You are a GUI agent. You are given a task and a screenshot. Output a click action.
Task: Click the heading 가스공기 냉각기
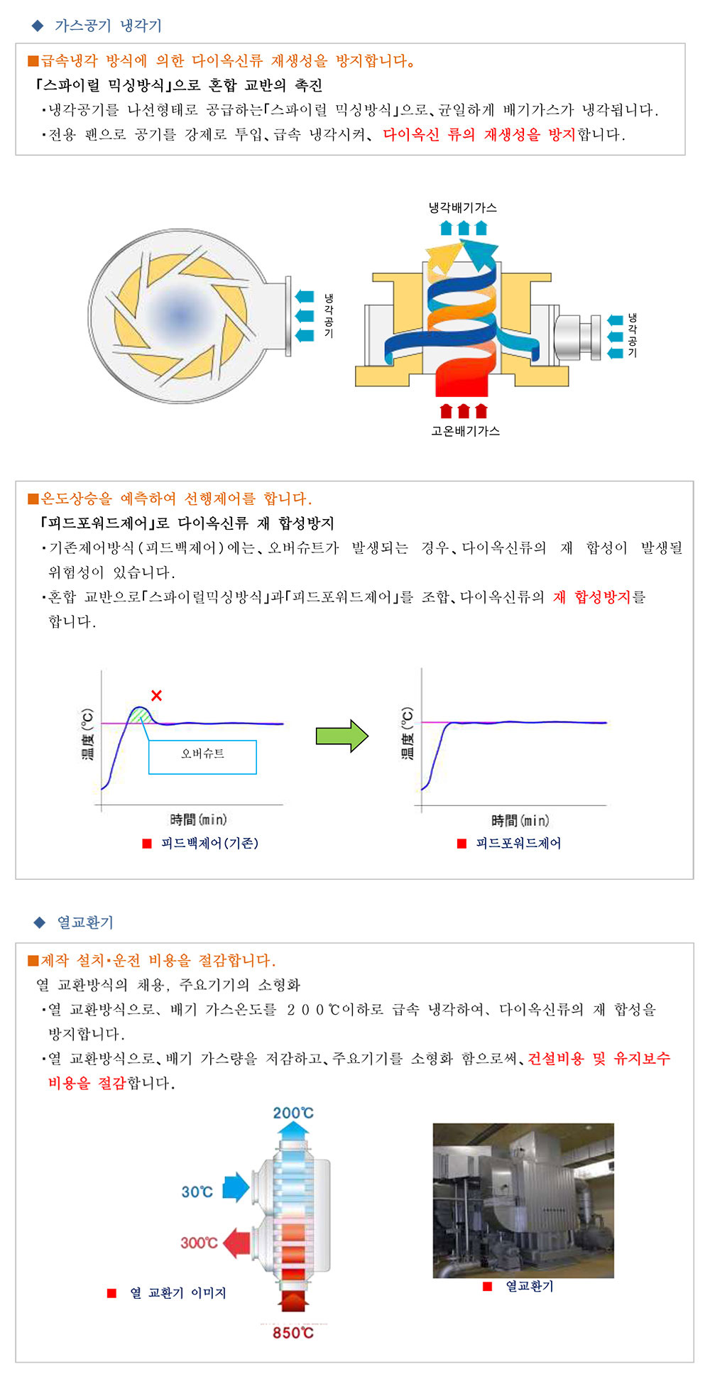108,26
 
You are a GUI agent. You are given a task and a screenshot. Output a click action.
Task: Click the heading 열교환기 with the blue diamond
85,922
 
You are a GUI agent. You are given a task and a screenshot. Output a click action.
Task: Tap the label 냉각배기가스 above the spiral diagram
463,207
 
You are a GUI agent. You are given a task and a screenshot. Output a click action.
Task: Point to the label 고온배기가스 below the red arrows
465,431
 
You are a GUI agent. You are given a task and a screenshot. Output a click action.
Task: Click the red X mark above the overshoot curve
156,695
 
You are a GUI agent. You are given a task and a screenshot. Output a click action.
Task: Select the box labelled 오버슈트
202,757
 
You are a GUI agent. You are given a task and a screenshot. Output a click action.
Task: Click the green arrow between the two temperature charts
342,736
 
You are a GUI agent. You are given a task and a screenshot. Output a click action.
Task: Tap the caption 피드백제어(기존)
209,843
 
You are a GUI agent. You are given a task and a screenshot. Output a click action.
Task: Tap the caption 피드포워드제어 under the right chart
518,843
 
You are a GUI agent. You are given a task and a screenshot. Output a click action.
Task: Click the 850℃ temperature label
293,1333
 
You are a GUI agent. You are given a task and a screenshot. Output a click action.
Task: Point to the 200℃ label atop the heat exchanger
293,1113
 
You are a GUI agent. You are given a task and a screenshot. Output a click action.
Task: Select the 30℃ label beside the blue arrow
197,1192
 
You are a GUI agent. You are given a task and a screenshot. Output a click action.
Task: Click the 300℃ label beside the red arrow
199,1243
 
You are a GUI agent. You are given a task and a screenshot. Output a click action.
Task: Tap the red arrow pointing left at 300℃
236,1243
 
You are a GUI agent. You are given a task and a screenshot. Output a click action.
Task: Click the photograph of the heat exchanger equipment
523,1201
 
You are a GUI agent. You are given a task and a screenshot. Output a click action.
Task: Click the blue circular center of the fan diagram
180,315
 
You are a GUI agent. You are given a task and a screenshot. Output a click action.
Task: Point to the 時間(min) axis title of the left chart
198,819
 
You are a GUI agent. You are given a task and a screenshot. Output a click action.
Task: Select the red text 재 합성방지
591,597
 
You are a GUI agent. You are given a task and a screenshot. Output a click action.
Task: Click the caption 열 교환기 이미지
177,1293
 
